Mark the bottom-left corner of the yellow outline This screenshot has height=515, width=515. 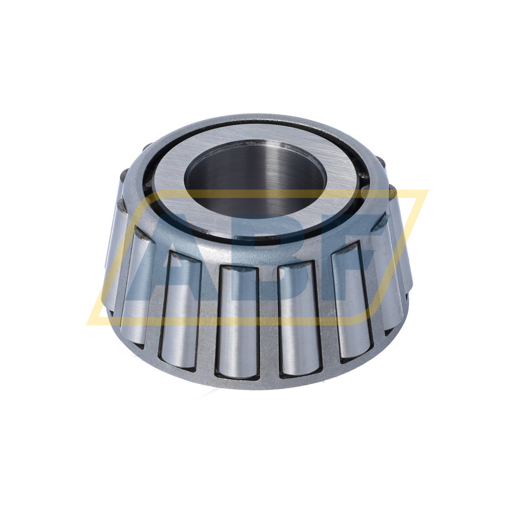point(90,324)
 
